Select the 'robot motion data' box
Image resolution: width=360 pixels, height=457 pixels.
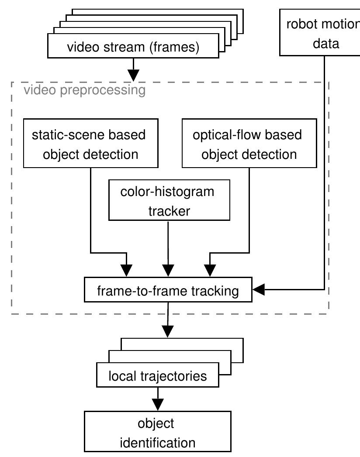pos(321,34)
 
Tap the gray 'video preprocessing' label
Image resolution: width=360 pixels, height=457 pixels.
pos(84,90)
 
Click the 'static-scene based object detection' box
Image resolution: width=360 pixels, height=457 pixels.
pos(90,144)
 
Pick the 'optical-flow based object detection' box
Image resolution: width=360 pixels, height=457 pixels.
pos(249,144)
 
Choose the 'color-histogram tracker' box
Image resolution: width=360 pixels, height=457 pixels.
pos(169,201)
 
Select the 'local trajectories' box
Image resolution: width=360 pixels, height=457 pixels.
pos(157,376)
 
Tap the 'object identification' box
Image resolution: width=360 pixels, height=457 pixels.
pos(157,433)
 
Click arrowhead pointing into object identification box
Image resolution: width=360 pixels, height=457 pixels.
pos(157,403)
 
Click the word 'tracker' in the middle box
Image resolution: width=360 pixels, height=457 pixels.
pos(169,211)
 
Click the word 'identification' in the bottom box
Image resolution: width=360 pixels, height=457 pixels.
pos(157,443)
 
